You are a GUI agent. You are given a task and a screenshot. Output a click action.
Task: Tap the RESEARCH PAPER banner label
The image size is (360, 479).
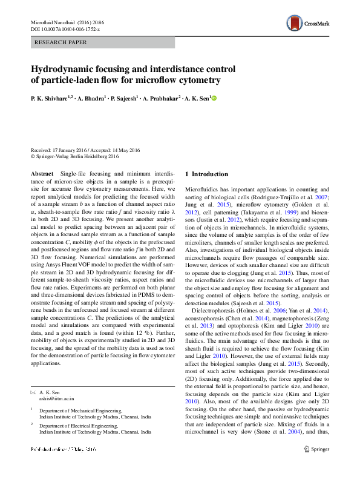(x=62, y=42)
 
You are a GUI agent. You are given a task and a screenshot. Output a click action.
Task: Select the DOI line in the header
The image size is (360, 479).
(x=65, y=29)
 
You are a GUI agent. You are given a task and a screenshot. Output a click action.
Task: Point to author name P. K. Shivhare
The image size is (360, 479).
(x=51, y=97)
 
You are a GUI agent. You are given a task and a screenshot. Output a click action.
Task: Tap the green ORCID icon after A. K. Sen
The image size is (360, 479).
(x=213, y=97)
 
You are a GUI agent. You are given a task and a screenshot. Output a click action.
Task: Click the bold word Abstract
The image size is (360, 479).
(x=42, y=174)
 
